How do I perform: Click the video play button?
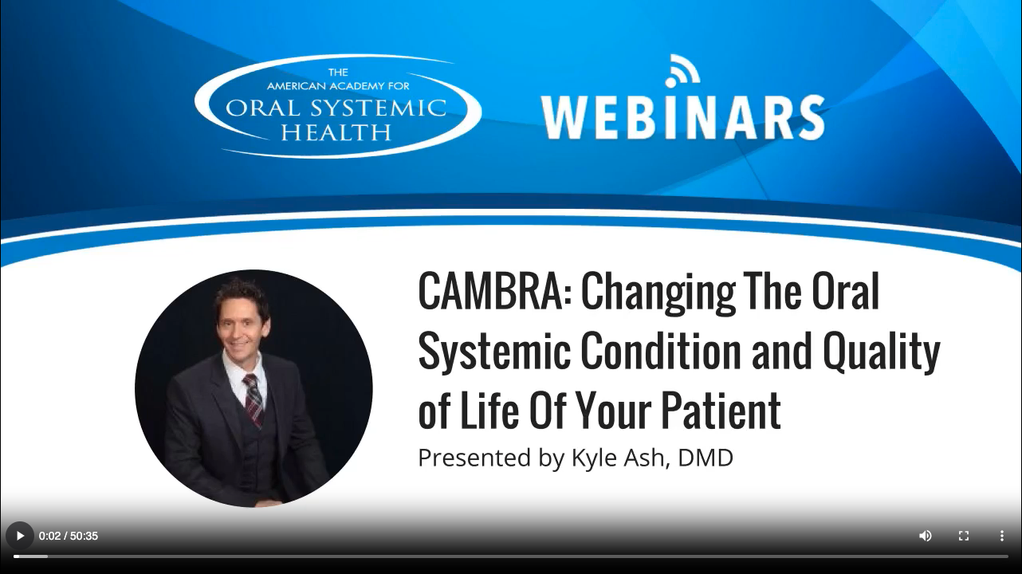coord(20,536)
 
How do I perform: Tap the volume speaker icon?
coord(926,536)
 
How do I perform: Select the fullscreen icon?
coord(964,536)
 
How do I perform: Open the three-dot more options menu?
coord(1002,536)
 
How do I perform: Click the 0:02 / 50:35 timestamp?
coord(69,536)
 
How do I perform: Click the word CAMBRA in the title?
coord(489,291)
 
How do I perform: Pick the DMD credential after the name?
coord(706,458)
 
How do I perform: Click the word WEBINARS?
coord(682,118)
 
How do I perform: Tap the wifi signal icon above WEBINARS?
coord(682,70)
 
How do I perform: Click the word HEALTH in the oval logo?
coord(336,132)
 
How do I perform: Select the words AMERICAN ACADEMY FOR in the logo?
coord(337,85)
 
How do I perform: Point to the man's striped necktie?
coord(253,399)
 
